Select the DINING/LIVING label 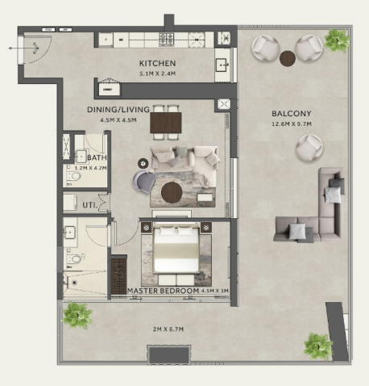115,109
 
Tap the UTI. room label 89,206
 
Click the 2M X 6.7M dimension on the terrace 168,329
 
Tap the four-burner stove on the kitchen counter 170,39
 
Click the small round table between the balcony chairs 288,57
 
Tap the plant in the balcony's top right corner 335,38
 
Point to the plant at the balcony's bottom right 317,346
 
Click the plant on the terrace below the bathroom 77,313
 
